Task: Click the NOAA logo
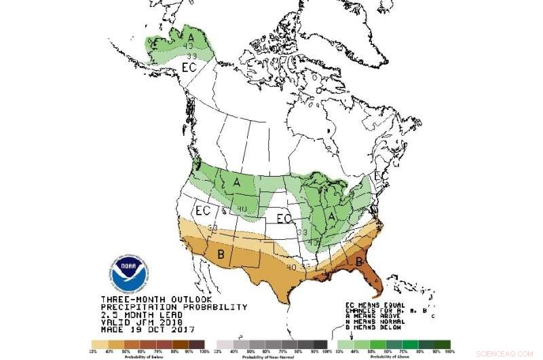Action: click(127, 272)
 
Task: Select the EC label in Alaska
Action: click(189, 68)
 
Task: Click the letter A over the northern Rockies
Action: click(237, 182)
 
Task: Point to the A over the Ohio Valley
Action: click(333, 216)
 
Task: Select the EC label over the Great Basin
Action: click(203, 211)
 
